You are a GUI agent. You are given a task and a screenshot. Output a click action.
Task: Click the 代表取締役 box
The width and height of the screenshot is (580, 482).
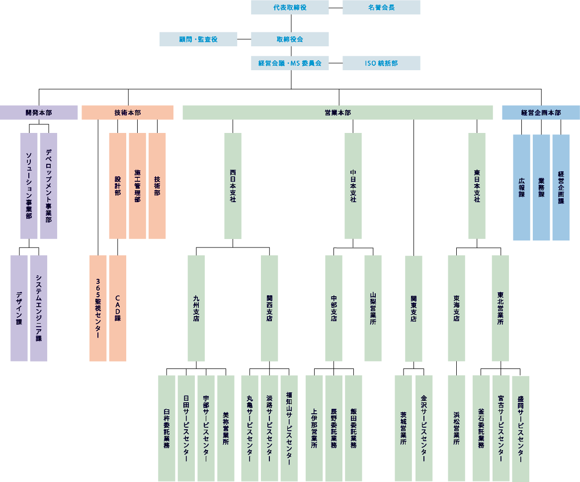[x=290, y=7]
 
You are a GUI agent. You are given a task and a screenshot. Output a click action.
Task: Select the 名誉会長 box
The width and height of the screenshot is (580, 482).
[x=381, y=7]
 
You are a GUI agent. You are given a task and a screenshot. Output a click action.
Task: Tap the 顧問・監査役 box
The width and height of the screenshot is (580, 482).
[x=198, y=39]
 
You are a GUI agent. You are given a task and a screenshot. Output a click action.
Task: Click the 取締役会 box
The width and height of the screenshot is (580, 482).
[x=290, y=39]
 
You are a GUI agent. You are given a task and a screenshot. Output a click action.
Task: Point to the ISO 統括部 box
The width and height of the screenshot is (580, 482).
[x=381, y=63]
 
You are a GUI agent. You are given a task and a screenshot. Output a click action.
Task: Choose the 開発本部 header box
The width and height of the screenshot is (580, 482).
[x=39, y=113]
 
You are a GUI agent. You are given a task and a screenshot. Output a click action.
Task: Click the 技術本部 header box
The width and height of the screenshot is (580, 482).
[x=128, y=113]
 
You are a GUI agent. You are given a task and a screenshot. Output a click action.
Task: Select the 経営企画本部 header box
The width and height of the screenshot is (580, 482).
[x=541, y=113]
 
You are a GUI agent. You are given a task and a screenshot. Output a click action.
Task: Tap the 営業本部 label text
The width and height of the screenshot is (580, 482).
[x=338, y=113]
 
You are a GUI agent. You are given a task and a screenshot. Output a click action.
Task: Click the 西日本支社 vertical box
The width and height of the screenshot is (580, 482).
[x=233, y=186]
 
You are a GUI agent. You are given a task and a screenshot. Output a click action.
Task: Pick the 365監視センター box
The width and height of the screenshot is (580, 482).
[x=98, y=308]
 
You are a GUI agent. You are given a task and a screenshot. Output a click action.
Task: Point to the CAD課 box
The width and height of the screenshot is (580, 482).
[x=118, y=308]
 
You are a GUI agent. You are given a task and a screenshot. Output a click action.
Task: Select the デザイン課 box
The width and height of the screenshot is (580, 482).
[x=19, y=308]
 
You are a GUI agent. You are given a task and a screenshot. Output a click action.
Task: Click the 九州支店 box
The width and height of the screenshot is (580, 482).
[x=196, y=308]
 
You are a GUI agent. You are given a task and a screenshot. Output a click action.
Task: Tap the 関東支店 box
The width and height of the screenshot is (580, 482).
[x=414, y=309]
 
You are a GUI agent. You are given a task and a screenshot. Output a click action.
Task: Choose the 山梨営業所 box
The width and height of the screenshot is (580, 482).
[x=373, y=308]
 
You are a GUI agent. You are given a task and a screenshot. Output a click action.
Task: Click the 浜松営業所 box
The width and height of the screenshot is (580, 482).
[x=456, y=428]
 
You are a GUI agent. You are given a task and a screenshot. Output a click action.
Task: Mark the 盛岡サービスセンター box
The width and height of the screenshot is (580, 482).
[x=520, y=429]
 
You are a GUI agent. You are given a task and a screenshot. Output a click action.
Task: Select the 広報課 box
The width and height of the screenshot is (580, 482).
[x=521, y=187]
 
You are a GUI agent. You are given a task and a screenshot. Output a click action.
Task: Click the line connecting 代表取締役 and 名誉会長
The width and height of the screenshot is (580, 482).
[x=335, y=7]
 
